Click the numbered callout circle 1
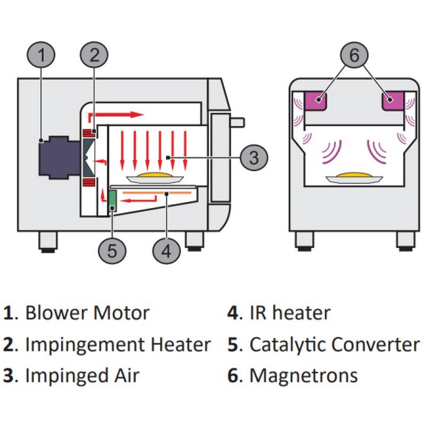[41, 55]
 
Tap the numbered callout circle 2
[94, 55]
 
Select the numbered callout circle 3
[254, 157]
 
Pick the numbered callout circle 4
[166, 251]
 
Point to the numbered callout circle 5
[112, 251]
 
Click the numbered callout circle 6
[354, 55]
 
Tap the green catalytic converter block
[113, 201]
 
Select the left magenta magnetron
[315, 101]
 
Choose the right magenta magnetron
[393, 101]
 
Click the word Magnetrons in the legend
[303, 375]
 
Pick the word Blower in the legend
[56, 313]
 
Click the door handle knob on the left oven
[237, 122]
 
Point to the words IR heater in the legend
[290, 313]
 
